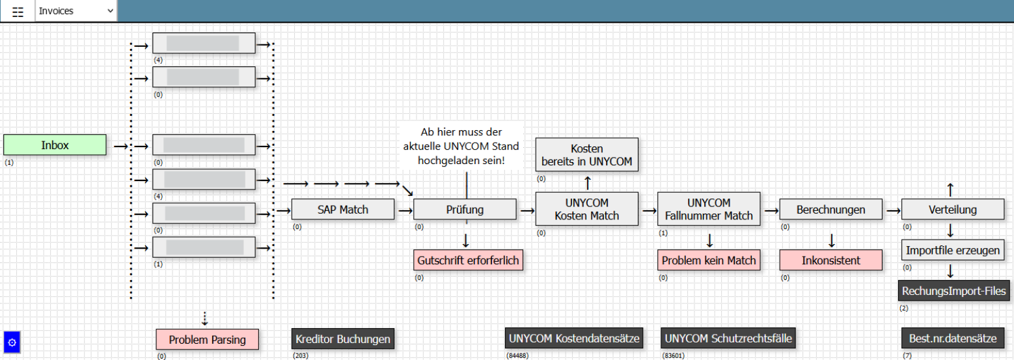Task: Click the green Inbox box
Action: (x=55, y=145)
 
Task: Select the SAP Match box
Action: (x=342, y=210)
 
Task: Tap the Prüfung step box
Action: (x=465, y=210)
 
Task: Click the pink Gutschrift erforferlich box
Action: (x=469, y=260)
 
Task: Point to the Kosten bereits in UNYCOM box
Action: (x=587, y=155)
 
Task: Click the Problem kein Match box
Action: (x=709, y=260)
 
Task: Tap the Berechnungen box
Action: (x=831, y=210)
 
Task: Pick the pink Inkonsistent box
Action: (x=831, y=260)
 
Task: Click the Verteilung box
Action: (x=953, y=210)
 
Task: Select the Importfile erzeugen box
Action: (x=953, y=250)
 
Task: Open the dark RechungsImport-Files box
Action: (x=953, y=290)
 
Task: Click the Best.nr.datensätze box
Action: (x=953, y=339)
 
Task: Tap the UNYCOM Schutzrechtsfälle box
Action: (x=728, y=339)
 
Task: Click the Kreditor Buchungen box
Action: (x=342, y=339)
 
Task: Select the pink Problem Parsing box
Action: (x=207, y=339)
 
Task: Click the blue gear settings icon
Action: (x=12, y=342)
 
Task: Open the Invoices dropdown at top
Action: (x=76, y=11)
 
